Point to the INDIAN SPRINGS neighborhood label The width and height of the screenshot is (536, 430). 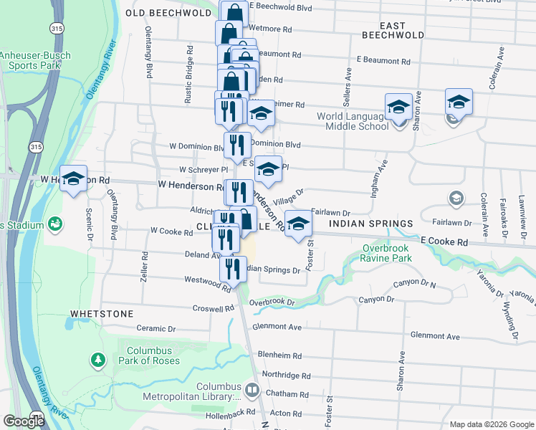371,224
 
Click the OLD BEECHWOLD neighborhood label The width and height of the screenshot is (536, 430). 166,13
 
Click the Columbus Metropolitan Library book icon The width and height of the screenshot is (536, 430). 252,391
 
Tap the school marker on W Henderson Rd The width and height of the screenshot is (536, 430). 73,178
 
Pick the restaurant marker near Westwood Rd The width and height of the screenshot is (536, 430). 232,269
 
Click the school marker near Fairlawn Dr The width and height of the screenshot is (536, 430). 299,223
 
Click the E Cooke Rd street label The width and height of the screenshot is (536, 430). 444,243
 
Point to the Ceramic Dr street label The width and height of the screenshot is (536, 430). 156,328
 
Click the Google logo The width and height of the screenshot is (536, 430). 24,421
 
